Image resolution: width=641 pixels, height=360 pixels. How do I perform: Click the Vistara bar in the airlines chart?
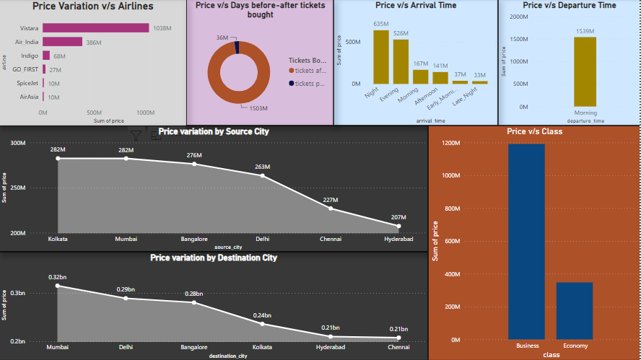95,28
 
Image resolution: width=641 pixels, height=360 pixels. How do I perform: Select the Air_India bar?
62,42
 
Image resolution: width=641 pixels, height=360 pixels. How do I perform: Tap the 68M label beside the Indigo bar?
59,56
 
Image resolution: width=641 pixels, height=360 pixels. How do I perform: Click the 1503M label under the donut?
258,108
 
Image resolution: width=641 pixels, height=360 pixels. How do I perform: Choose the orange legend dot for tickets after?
292,71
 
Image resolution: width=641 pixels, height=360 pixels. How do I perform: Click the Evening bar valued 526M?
401,61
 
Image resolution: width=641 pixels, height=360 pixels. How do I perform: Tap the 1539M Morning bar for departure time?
585,71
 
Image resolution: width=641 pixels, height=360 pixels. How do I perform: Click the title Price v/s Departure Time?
570,5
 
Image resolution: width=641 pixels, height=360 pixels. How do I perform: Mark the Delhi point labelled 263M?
263,175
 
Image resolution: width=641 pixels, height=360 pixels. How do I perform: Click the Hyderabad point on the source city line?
398,226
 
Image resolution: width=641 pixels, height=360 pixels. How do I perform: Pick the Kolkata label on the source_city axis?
58,239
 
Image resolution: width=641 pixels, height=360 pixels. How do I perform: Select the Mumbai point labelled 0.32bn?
58,286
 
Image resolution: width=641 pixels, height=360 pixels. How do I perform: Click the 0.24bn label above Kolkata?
263,315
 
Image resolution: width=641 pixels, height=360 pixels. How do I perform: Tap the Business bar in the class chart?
527,241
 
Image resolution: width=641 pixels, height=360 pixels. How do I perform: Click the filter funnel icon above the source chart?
136,135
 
